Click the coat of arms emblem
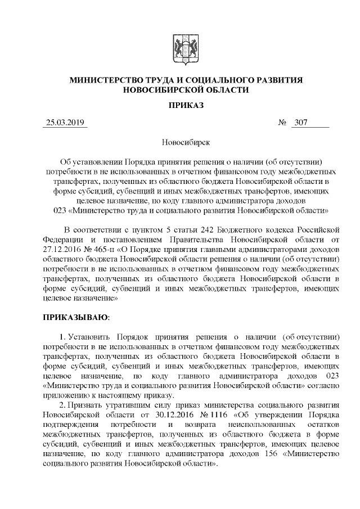(180, 46)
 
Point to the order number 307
(300, 123)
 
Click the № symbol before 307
(283, 123)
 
